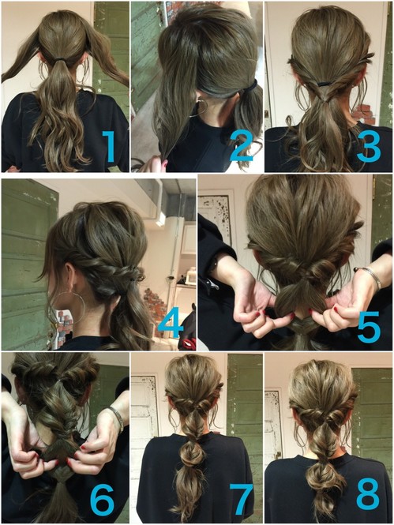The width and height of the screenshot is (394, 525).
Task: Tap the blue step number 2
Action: pos(242,146)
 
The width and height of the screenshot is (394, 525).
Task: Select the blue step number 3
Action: pos(369,147)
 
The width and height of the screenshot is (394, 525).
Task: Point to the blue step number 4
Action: pos(171,325)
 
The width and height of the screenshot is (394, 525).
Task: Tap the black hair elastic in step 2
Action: pos(253,87)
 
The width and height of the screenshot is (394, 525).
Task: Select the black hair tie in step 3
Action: pos(324,84)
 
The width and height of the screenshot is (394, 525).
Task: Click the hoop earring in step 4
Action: pos(69,306)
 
